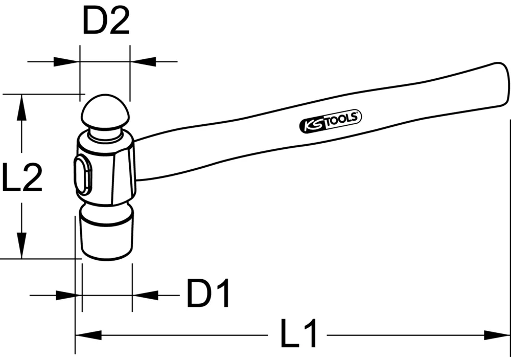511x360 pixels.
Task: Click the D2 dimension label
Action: [x=106, y=22]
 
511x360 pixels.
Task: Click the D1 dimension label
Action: [x=208, y=294]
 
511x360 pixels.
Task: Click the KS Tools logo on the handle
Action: [x=330, y=122]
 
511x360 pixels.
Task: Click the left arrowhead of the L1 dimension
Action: [x=87, y=335]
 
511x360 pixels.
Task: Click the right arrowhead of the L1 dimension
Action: [x=498, y=335]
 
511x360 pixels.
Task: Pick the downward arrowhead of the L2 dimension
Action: [x=21, y=245]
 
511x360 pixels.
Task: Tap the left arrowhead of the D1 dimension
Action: [x=69, y=295]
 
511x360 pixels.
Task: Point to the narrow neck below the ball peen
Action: [x=106, y=136]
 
